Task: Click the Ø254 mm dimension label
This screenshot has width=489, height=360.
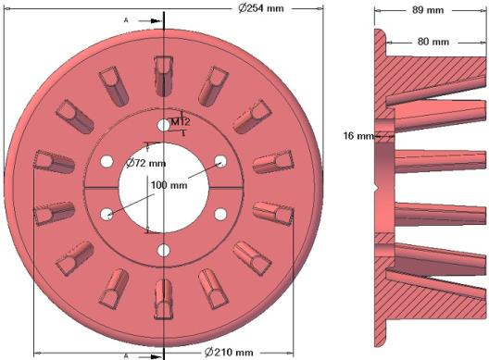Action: pyautogui.click(x=261, y=8)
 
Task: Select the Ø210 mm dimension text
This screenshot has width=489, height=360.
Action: pyautogui.click(x=229, y=353)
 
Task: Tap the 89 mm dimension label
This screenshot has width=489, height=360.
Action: pyautogui.click(x=428, y=10)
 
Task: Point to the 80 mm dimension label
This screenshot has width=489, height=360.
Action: pyautogui.click(x=433, y=42)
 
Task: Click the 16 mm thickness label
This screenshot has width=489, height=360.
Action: pyautogui.click(x=358, y=136)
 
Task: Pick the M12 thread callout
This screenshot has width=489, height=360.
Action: pyautogui.click(x=181, y=122)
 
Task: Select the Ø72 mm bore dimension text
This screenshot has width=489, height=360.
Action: pyautogui.click(x=146, y=163)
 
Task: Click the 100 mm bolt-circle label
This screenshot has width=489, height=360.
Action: pyautogui.click(x=169, y=185)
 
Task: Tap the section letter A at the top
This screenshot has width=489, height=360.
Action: pyautogui.click(x=126, y=20)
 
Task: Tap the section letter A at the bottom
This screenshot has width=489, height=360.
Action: pyautogui.click(x=126, y=355)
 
